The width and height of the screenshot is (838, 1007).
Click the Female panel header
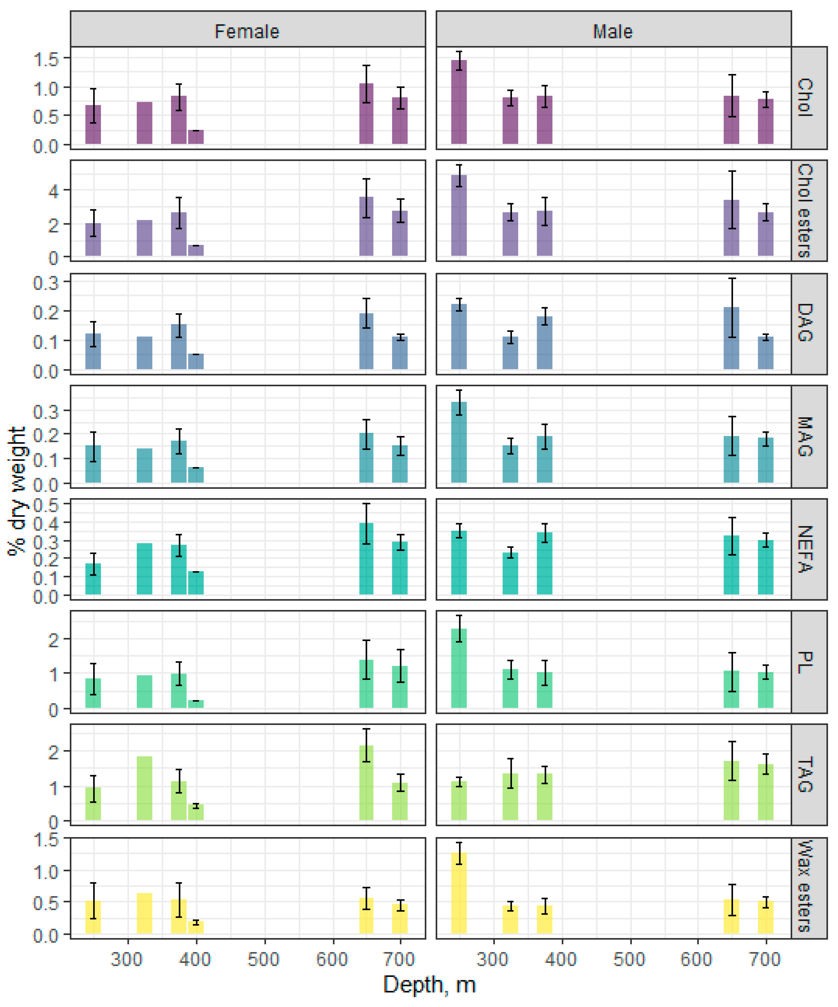pos(247,31)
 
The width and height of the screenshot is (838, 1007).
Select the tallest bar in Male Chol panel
pos(459,102)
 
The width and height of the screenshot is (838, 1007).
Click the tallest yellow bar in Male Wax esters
pos(459,893)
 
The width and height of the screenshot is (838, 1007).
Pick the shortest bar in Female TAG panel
pos(196,812)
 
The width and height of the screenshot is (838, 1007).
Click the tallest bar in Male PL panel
pos(459,668)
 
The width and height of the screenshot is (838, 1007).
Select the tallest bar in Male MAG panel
pos(459,442)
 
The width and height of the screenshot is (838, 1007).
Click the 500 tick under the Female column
pos(264,959)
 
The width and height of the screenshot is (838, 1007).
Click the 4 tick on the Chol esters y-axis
pos(54,191)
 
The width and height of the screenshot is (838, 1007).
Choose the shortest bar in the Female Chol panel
pos(196,137)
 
